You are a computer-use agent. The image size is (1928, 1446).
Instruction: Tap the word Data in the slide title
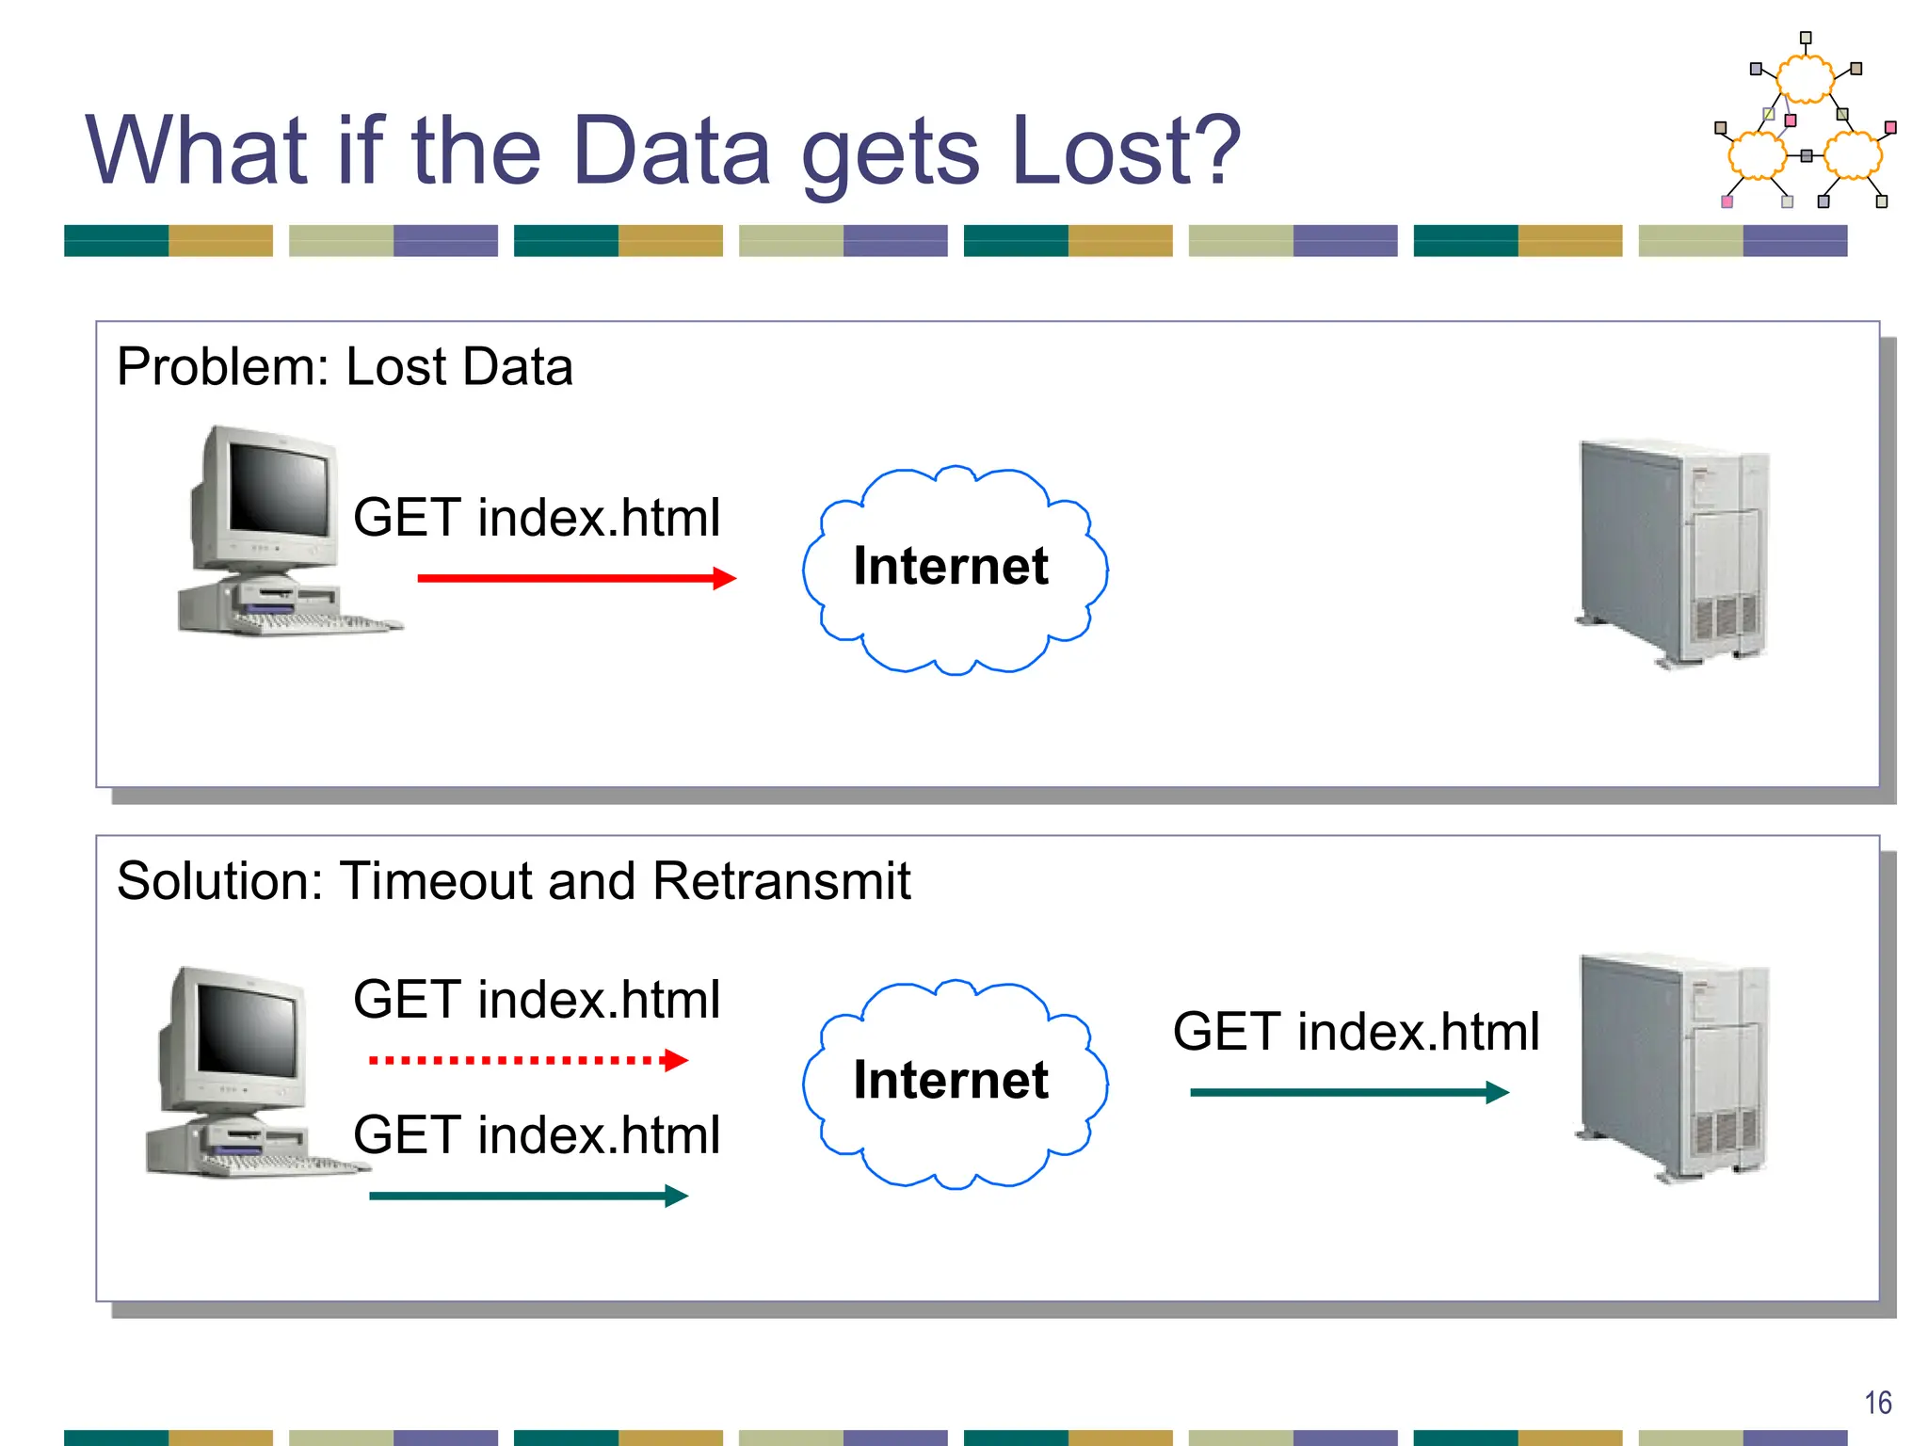point(670,151)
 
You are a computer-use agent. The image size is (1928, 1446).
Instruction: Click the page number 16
point(1877,1403)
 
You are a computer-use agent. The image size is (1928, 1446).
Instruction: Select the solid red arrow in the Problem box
point(574,577)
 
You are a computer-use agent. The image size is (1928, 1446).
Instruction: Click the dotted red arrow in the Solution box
point(527,1060)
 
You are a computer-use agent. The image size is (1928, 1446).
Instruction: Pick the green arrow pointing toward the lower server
point(1348,1092)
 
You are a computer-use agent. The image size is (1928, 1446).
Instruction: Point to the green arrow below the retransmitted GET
point(527,1196)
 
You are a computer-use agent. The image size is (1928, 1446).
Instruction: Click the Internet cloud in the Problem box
point(953,569)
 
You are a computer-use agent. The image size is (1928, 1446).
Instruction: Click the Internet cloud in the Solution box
point(953,1083)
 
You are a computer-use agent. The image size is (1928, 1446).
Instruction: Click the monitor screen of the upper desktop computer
point(279,490)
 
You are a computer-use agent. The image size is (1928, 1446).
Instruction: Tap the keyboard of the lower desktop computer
point(282,1165)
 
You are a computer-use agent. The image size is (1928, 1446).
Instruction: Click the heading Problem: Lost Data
point(345,366)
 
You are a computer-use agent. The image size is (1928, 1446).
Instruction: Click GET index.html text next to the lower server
point(1356,1032)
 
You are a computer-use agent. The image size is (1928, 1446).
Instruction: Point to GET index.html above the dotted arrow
point(537,1000)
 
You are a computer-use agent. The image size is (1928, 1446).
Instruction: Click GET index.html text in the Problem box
point(537,518)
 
